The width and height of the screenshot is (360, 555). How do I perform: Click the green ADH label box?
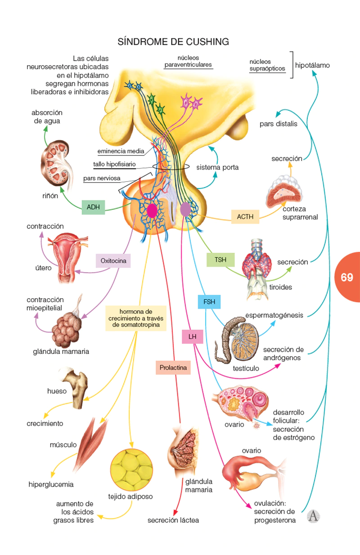pyautogui.click(x=93, y=207)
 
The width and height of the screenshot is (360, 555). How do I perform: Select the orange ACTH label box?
pyautogui.click(x=245, y=217)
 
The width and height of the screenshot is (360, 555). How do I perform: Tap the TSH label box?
pyautogui.click(x=220, y=260)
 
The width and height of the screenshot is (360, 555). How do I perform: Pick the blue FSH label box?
pyautogui.click(x=209, y=302)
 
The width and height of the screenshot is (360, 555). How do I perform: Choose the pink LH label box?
pyautogui.click(x=193, y=336)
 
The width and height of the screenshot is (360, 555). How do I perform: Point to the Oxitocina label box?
pyautogui.click(x=113, y=260)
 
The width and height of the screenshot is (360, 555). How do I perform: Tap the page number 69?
pyautogui.click(x=346, y=277)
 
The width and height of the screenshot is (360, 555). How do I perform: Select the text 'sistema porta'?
pyautogui.click(x=217, y=167)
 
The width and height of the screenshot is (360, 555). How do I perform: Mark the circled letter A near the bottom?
pyautogui.click(x=313, y=516)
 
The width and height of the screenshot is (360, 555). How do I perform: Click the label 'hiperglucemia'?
pyautogui.click(x=51, y=484)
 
